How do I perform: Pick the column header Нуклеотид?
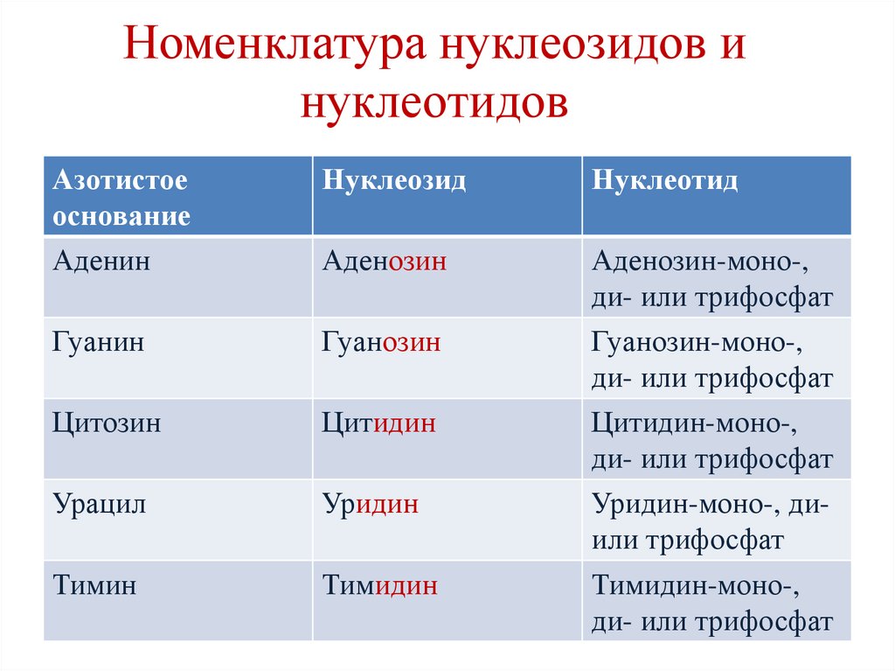point(665,181)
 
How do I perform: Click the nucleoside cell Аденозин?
point(385,262)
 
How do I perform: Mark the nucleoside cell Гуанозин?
point(381,343)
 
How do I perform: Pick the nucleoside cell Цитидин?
point(379,424)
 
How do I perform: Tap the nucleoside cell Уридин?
point(371,505)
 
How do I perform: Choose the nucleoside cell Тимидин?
point(380,586)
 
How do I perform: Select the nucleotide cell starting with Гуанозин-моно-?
point(712,360)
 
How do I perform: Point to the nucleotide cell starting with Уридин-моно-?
point(711,522)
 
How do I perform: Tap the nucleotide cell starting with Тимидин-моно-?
point(712,604)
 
